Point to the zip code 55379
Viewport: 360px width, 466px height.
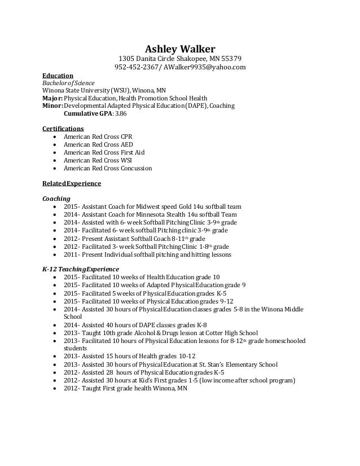click(x=231, y=59)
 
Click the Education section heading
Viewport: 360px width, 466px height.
click(x=58, y=75)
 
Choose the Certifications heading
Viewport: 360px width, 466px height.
click(x=63, y=129)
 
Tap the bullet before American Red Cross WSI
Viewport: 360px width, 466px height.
click(x=54, y=160)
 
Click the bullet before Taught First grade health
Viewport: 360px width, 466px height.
click(x=54, y=388)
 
